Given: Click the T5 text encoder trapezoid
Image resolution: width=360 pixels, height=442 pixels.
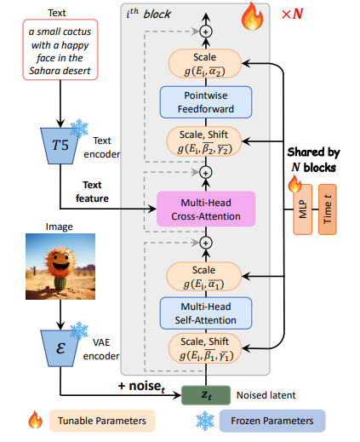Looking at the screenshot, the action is (x=60, y=146).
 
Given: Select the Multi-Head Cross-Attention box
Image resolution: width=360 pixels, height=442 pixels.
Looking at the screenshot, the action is (x=206, y=209).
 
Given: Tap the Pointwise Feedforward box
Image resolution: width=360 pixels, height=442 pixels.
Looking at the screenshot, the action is (x=206, y=102).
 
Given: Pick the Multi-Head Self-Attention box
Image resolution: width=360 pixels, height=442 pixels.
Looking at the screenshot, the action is (x=206, y=313).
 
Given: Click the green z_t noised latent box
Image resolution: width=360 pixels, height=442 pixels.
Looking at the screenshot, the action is (x=206, y=395).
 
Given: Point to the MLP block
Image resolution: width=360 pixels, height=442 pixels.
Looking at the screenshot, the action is (x=303, y=210).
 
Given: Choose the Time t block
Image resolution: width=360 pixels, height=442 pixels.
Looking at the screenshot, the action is (x=328, y=210).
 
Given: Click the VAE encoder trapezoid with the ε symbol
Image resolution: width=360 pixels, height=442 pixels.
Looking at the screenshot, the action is (x=60, y=348).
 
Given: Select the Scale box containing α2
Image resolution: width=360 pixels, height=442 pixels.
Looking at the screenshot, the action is (x=205, y=64).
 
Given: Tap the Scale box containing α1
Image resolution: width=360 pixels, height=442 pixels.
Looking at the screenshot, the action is (x=204, y=277).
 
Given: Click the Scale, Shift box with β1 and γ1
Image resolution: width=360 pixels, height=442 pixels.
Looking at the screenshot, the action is (x=205, y=348).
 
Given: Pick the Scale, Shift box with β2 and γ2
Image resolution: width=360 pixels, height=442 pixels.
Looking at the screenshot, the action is (x=204, y=141).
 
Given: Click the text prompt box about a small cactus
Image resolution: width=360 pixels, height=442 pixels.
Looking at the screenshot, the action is (x=60, y=49).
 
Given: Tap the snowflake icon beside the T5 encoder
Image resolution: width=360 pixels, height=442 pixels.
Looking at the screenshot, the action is (x=79, y=129).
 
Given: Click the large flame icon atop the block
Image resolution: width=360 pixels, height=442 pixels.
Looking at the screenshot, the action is (x=252, y=16).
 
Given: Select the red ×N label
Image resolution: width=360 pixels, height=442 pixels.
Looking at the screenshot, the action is (x=292, y=14).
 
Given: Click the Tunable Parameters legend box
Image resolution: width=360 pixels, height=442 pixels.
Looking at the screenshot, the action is (x=102, y=421).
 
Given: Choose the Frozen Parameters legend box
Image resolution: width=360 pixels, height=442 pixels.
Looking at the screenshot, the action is (x=272, y=421).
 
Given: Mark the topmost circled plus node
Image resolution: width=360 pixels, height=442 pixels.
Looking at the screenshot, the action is (x=206, y=32).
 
